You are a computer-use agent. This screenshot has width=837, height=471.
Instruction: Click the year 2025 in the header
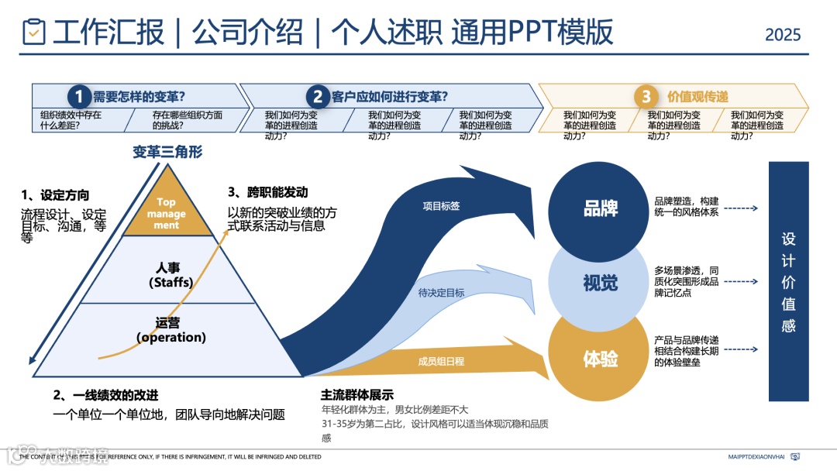point(783,35)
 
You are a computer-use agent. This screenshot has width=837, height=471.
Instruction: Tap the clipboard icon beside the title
point(34,32)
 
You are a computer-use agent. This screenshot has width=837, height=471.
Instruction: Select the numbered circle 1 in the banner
point(79,97)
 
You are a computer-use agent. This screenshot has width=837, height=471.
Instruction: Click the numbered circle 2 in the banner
point(318,97)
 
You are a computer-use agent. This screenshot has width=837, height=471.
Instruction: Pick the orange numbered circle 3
point(646,97)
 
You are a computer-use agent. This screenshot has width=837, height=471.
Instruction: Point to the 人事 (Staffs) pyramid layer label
point(170,275)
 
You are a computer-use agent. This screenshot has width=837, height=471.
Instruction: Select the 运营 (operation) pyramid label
point(170,330)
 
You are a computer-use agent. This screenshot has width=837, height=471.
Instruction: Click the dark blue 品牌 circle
point(600,208)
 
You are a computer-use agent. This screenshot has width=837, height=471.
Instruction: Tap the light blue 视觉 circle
point(600,284)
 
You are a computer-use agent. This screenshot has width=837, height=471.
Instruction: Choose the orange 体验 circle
point(600,359)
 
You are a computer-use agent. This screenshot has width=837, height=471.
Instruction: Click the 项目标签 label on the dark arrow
point(441,206)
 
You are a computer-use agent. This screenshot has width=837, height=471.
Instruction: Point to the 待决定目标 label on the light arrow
point(441,293)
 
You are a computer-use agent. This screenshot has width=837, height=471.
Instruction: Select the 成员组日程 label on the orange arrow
point(441,361)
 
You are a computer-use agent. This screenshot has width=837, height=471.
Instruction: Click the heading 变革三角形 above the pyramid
point(167,152)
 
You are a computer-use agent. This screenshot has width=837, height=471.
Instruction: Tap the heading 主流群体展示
point(357,394)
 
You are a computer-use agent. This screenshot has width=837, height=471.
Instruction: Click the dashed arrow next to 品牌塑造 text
point(742,208)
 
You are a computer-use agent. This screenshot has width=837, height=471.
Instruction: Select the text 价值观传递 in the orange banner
point(697,97)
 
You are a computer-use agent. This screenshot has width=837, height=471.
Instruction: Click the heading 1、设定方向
point(55,194)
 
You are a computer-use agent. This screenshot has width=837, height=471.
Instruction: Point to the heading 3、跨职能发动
point(267,192)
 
